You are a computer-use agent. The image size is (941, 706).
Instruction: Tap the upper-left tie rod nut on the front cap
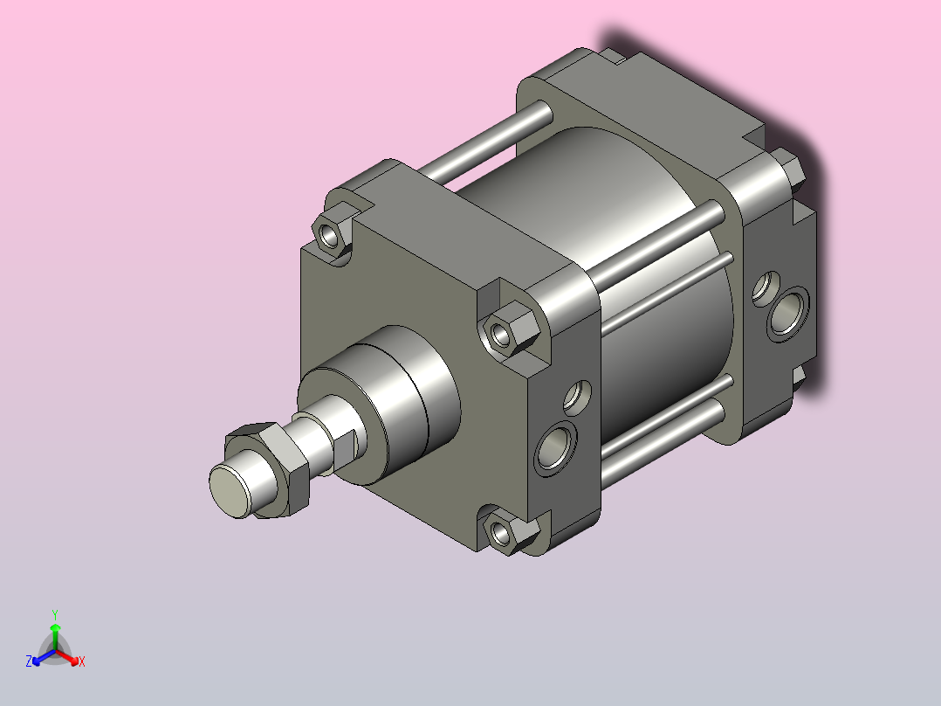(332, 233)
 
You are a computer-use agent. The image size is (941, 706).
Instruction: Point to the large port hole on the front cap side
(555, 448)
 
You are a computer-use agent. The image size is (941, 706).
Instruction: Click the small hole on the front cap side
(577, 398)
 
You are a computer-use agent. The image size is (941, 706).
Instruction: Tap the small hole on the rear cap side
(766, 288)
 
